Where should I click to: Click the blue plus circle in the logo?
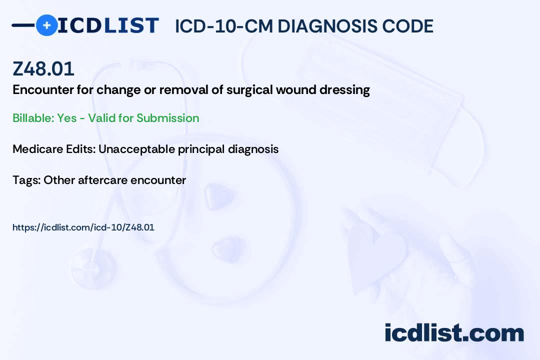[x=46, y=25]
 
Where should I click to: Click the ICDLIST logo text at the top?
[x=108, y=25]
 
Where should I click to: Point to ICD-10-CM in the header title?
[x=224, y=26]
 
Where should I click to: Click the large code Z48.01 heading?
[x=43, y=68]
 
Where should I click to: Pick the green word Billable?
[x=33, y=118]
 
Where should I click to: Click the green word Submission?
[x=167, y=118]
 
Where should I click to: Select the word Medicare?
[x=37, y=149]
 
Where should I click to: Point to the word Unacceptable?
[x=136, y=149]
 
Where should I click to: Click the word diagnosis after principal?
[x=253, y=149]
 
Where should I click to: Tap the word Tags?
[x=26, y=180]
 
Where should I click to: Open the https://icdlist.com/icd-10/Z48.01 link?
[x=83, y=227]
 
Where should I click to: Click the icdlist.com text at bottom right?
[x=454, y=332]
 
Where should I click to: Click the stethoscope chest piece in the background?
[x=93, y=269]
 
